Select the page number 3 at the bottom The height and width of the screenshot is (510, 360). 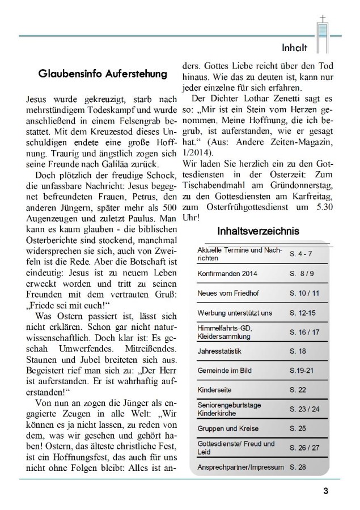325,491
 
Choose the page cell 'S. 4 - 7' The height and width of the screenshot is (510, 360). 302,253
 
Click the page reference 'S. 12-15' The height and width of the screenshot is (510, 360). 303,312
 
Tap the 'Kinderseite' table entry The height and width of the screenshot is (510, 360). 214,390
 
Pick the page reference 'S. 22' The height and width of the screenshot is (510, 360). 298,390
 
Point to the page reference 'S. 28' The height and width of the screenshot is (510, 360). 298,467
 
